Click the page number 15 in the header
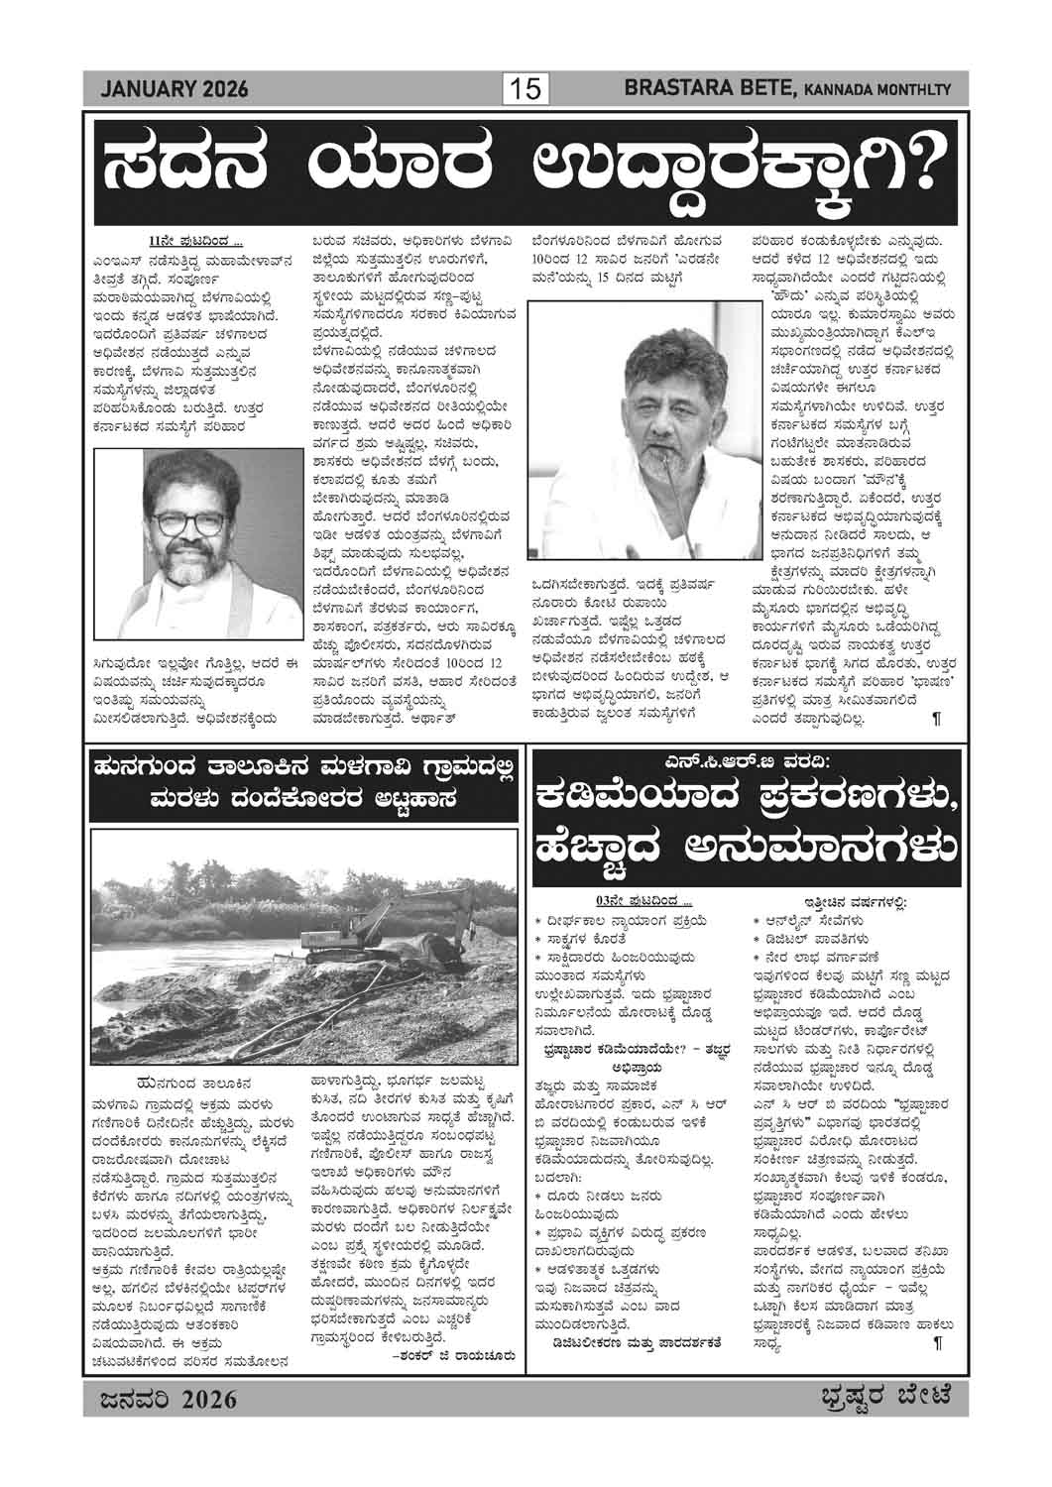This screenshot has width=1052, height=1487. click(526, 90)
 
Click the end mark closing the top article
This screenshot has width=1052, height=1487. click(936, 719)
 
